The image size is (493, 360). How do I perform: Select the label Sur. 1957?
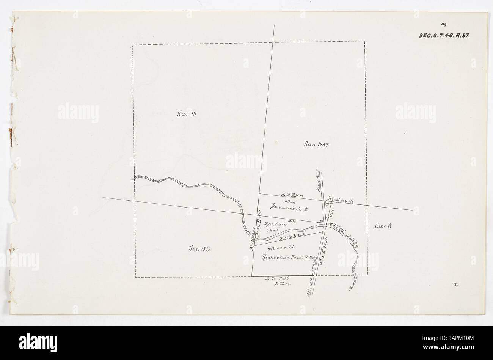coord(315,144)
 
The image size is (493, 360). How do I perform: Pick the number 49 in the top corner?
coord(443,25)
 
